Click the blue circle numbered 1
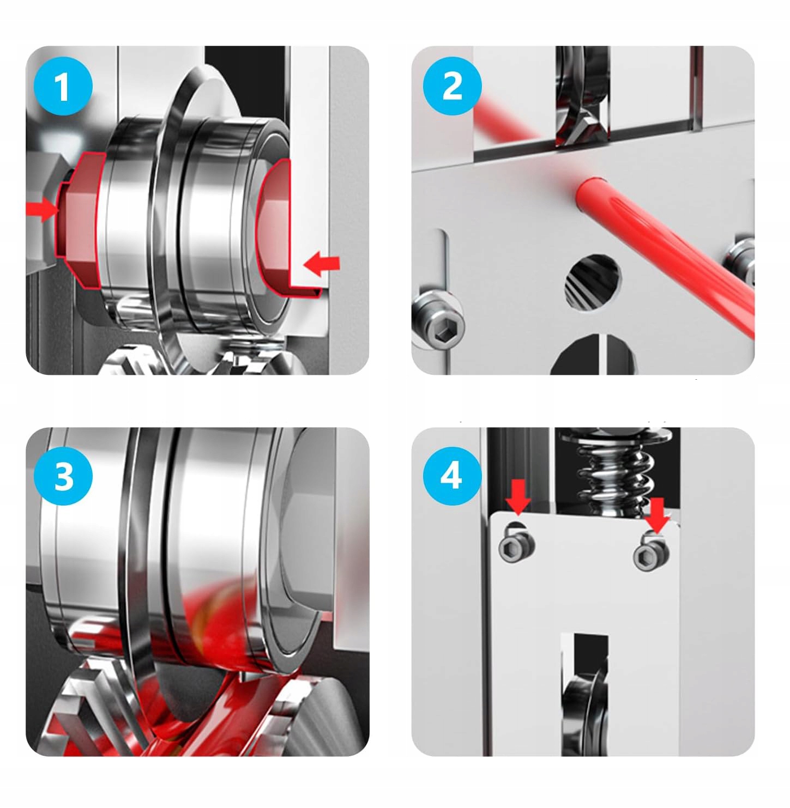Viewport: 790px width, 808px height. (63, 86)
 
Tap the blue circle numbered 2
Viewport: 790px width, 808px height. (452, 86)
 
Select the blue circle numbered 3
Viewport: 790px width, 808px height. (63, 476)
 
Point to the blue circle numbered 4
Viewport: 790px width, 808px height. (452, 476)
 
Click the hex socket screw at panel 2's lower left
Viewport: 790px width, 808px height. (438, 320)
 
